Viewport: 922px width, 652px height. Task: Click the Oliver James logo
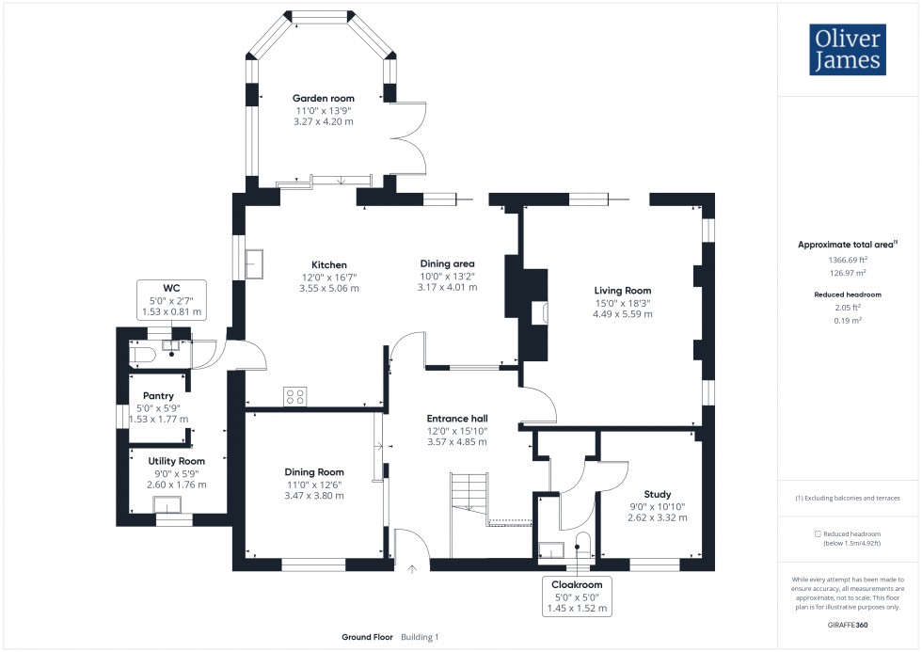pyautogui.click(x=847, y=49)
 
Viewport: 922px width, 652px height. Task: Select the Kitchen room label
pyautogui.click(x=329, y=264)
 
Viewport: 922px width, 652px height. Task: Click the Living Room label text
pyautogui.click(x=622, y=291)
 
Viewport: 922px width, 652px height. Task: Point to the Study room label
pyautogui.click(x=657, y=494)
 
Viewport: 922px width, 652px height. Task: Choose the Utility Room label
pyautogui.click(x=176, y=461)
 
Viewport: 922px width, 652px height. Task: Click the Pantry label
pyautogui.click(x=158, y=395)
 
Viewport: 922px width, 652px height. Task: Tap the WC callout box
pyautogui.click(x=170, y=298)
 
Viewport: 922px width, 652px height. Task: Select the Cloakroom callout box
pyautogui.click(x=578, y=596)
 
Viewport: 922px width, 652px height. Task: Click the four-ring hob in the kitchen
pyautogui.click(x=295, y=396)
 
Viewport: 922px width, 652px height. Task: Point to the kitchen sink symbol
pyautogui.click(x=255, y=264)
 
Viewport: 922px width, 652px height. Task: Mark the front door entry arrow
pyautogui.click(x=411, y=567)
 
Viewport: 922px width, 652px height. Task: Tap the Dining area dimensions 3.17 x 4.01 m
pyautogui.click(x=447, y=287)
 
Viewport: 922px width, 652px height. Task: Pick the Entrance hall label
pyautogui.click(x=456, y=418)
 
